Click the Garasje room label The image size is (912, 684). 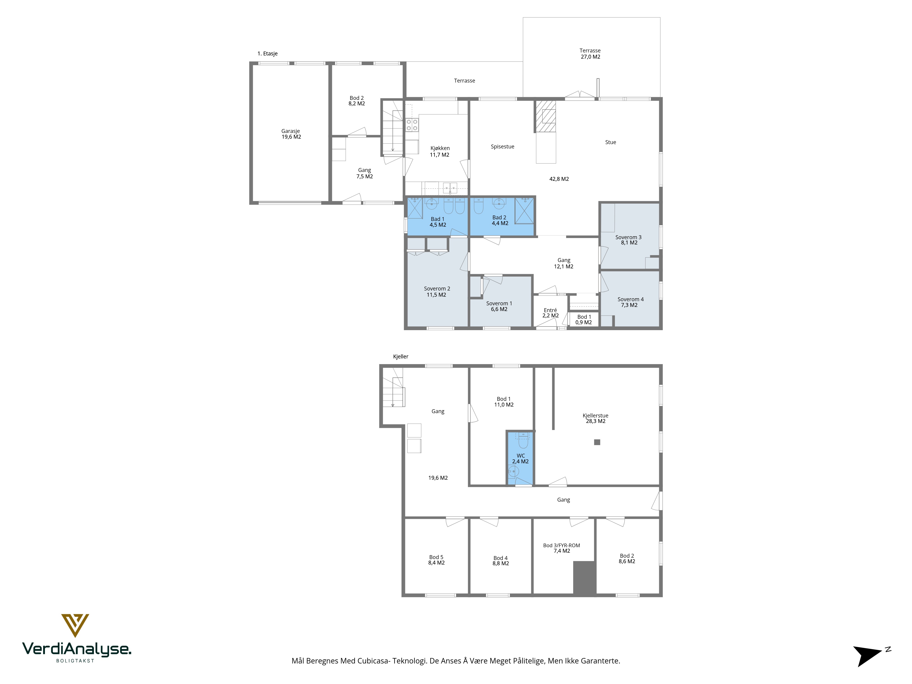click(291, 131)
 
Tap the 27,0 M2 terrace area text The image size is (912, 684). click(591, 57)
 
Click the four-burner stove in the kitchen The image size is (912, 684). click(412, 125)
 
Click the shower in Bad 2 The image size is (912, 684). click(524, 211)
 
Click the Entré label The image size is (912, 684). click(550, 310)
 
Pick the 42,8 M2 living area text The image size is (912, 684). click(559, 179)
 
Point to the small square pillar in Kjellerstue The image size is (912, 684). click(597, 442)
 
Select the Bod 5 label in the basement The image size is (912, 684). click(436, 557)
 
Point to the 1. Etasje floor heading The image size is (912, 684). click(268, 54)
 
